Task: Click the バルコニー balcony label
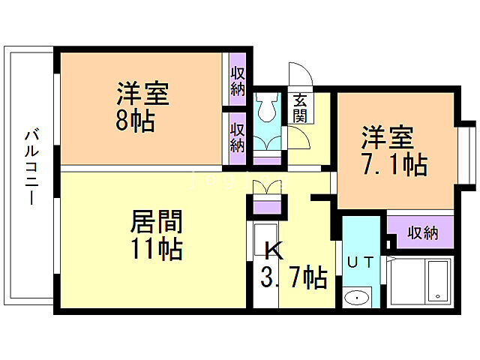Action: point(31,167)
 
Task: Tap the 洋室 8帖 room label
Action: point(142,108)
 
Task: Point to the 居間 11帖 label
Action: point(156,235)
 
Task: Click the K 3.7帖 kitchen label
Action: point(293,265)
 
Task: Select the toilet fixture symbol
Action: point(265,113)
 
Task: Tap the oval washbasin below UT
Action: point(358,298)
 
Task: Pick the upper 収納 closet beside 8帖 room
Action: point(238,80)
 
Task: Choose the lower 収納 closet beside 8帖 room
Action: point(238,136)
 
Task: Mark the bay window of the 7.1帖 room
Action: point(465,153)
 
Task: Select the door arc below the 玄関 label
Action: point(300,139)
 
